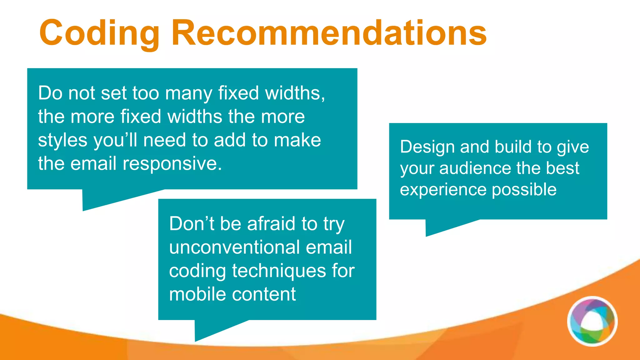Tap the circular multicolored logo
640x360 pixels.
pos(592,321)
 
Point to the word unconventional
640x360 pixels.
pos(234,247)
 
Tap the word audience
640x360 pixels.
pos(475,168)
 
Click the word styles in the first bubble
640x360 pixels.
pos(62,140)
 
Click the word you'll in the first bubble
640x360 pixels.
pos(115,140)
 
